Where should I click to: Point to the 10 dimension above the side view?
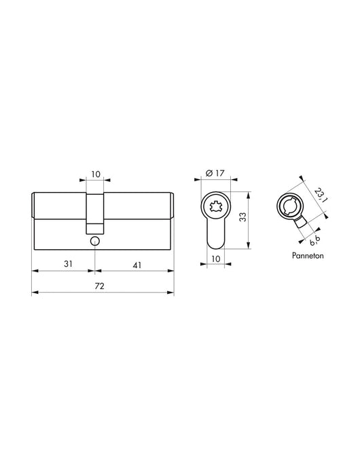pyautogui.click(x=96, y=174)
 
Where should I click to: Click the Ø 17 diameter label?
pyautogui.click(x=216, y=174)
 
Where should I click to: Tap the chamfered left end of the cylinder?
pyautogui.click(x=35, y=206)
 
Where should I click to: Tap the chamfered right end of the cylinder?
pyautogui.click(x=173, y=206)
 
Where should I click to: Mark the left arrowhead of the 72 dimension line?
pyautogui.click(x=35, y=293)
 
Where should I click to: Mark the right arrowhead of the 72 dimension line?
pyautogui.click(x=171, y=293)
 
